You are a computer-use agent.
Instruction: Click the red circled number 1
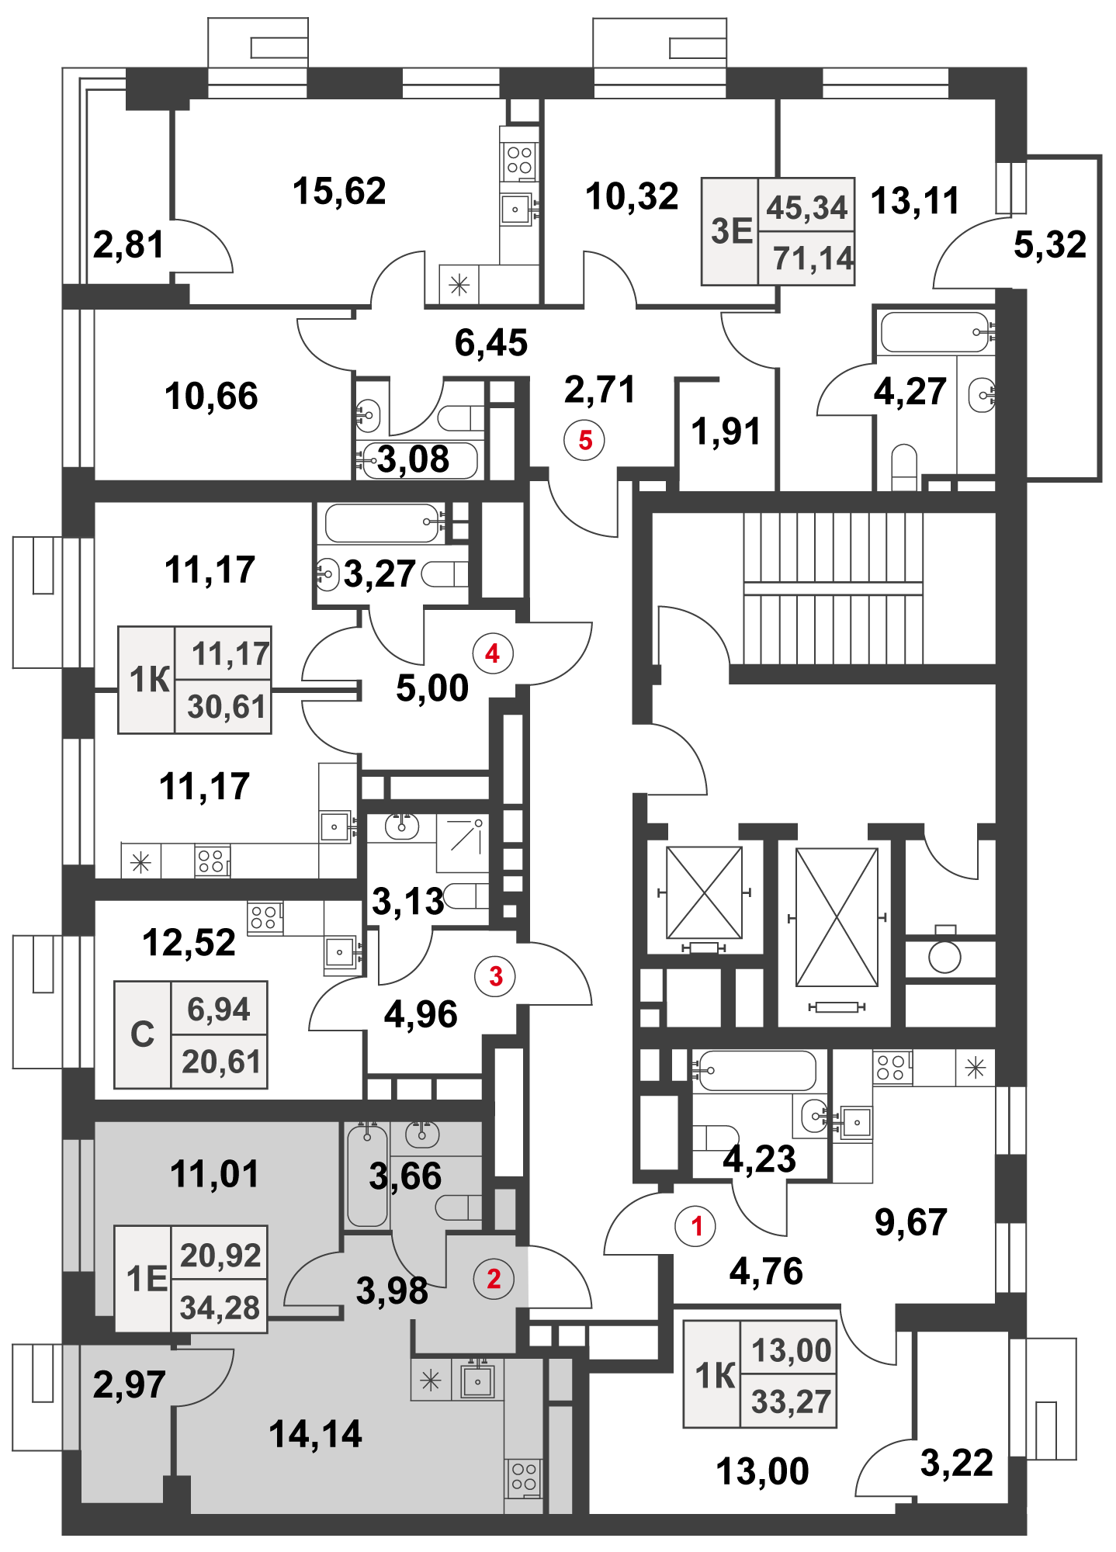(x=696, y=1226)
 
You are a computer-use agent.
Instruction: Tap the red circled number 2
(x=494, y=1279)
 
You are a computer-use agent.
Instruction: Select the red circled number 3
(x=496, y=975)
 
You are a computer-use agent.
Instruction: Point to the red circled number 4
(x=492, y=653)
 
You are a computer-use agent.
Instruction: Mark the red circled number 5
(x=585, y=440)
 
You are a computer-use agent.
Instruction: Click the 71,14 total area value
(x=813, y=258)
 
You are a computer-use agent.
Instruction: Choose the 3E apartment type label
(x=731, y=231)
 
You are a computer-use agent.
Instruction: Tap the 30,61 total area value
(x=227, y=707)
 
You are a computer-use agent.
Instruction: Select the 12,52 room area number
(x=189, y=943)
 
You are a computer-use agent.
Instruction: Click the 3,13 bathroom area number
(x=407, y=902)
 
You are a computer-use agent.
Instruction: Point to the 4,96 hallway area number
(x=421, y=1014)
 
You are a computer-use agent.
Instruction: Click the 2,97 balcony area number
(x=129, y=1384)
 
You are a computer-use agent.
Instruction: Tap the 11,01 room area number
(x=214, y=1174)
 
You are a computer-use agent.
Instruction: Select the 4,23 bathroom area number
(x=760, y=1159)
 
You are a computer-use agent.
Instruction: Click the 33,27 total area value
(x=791, y=1402)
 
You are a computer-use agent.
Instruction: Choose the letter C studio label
(x=143, y=1034)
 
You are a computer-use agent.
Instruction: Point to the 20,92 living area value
(x=220, y=1255)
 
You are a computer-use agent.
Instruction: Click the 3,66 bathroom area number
(x=405, y=1176)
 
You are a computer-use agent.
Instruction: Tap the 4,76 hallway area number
(x=766, y=1271)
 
